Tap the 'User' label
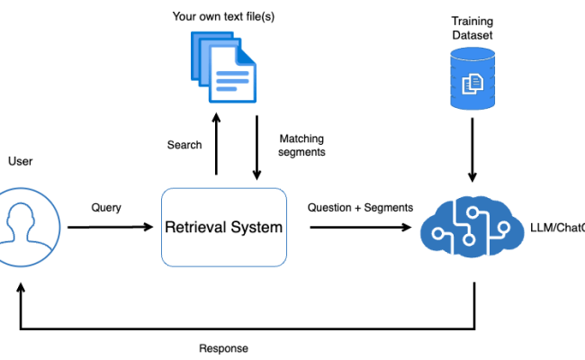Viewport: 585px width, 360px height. [x=20, y=162]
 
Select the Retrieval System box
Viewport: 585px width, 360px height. [x=223, y=227]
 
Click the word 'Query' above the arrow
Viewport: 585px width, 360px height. [x=106, y=208]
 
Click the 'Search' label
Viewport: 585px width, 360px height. [x=184, y=145]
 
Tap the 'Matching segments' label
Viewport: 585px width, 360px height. [x=301, y=145]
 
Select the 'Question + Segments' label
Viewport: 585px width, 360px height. [x=360, y=208]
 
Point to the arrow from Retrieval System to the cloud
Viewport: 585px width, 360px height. [x=360, y=227]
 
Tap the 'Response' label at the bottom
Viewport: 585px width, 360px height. [x=223, y=348]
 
